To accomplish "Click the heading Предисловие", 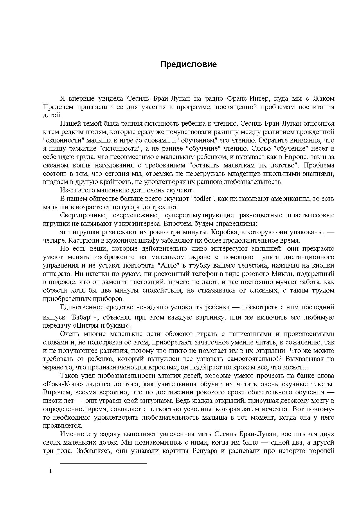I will pyautogui.click(x=188, y=64).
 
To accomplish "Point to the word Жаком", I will pyautogui.click(x=323, y=99).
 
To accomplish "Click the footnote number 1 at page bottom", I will pyautogui.click(x=51, y=471).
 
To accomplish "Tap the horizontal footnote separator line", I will pyautogui.click(x=103, y=464).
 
